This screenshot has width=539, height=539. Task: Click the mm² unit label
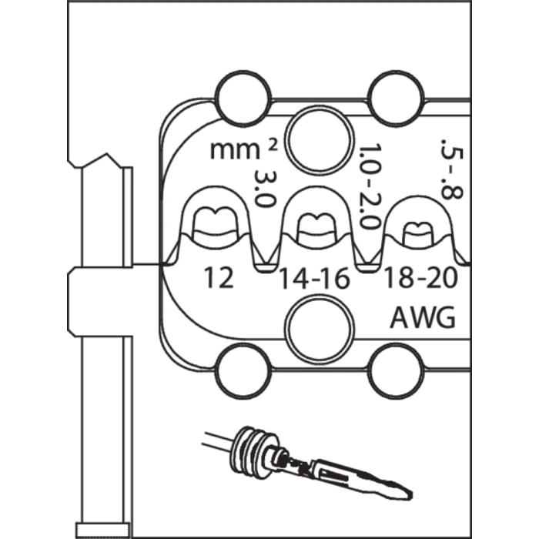tap(243, 149)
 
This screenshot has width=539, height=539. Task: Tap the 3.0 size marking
tap(265, 189)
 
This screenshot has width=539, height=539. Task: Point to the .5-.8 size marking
tap(452, 169)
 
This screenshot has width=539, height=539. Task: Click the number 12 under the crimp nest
tap(219, 278)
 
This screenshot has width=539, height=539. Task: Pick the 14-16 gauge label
tap(314, 279)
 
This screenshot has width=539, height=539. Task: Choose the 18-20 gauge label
tap(420, 278)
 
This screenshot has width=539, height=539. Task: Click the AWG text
tap(423, 317)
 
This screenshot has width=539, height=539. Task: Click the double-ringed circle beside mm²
tap(320, 140)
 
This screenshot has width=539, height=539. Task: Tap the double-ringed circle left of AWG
tap(320, 329)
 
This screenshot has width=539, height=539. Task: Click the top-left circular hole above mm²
tap(243, 99)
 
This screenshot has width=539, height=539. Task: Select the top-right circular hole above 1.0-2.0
tap(396, 99)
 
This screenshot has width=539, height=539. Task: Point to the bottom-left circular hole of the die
tap(243, 371)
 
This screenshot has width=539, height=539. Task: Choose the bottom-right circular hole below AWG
tap(396, 371)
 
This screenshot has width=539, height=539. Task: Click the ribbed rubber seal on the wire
tap(253, 451)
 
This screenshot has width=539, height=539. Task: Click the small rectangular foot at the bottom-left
tap(102, 530)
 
